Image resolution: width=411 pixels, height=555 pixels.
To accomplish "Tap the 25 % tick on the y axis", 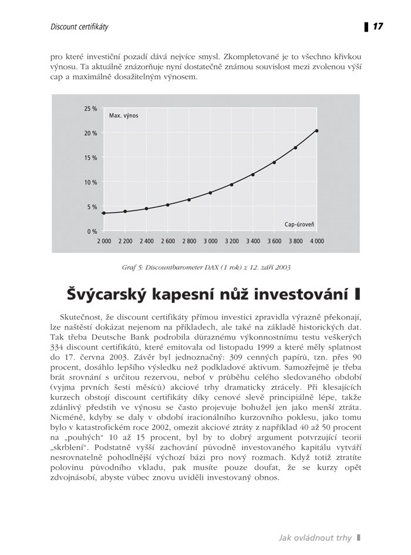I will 91,109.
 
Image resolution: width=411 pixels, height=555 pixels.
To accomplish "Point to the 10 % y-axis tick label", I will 91,182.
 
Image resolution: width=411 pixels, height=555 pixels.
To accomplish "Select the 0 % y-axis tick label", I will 92,231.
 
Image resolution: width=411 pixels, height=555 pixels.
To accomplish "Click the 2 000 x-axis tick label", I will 103,242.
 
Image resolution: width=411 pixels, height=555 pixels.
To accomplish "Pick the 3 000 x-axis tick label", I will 210,242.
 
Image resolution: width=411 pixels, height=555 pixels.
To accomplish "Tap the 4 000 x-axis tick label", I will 317,242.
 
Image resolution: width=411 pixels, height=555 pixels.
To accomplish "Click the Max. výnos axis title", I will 123,116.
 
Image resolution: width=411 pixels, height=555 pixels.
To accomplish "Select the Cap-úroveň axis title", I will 300,225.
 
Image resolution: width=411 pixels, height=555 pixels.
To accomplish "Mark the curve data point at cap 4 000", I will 317,131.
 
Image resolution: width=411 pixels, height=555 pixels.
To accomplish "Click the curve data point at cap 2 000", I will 104,213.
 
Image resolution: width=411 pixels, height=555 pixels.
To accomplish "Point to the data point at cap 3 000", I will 210,193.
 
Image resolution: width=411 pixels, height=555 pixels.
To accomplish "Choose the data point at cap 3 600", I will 274,162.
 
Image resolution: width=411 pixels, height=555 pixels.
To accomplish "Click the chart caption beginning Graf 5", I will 206,267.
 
